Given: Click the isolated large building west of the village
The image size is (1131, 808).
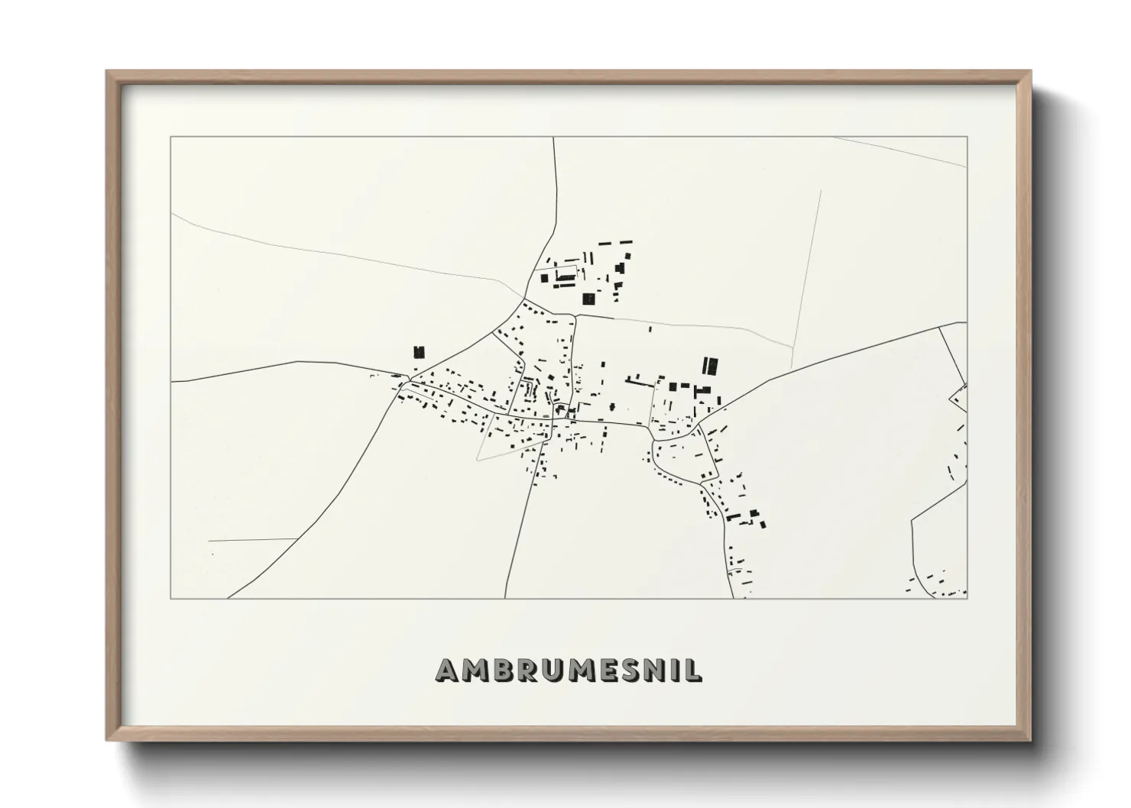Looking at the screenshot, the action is pos(418,352).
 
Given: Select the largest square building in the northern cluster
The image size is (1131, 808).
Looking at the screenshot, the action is pos(588,299).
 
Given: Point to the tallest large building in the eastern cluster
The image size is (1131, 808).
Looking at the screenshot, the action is pos(711,366).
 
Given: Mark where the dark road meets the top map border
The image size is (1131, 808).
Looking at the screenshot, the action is pos(553,137).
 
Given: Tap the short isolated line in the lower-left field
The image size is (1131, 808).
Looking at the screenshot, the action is pos(252,540).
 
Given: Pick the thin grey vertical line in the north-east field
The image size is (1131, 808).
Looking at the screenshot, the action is pos(806,275).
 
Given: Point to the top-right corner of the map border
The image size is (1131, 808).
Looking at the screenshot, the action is pos(967,137).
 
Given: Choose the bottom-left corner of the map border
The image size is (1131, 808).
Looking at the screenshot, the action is pos(171,598).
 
